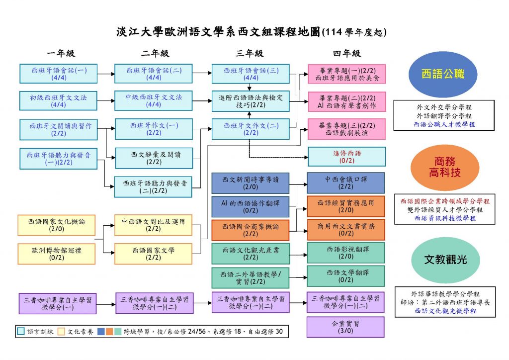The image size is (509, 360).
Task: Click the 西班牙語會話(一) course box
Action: click(59, 74)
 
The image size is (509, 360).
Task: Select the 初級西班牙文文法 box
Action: click(59, 100)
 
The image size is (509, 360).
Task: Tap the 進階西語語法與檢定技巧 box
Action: click(251, 101)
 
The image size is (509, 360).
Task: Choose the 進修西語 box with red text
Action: click(346, 157)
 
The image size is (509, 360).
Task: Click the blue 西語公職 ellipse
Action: click(443, 75)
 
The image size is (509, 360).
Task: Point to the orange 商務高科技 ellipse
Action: click(445, 167)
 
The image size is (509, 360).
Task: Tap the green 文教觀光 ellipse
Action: click(445, 260)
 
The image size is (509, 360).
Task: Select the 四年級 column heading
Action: click(346, 53)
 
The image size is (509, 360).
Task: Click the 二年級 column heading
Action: click(155, 53)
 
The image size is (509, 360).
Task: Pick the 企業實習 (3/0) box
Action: click(345, 327)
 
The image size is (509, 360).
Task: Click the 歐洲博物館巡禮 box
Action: click(57, 254)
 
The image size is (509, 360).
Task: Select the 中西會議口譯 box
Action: click(346, 183)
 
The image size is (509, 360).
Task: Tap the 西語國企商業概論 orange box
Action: click(251, 230)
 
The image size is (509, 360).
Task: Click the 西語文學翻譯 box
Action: click(346, 276)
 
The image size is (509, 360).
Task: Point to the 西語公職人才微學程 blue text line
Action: click(444, 124)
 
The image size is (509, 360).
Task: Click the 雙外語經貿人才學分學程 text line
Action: click(445, 210)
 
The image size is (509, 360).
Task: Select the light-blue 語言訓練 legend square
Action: click(20, 332)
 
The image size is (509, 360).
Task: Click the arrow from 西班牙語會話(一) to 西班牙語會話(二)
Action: click(106, 74)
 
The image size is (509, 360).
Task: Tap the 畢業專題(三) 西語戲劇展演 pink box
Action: click(346, 129)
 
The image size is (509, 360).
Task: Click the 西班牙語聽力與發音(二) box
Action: click(153, 186)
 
